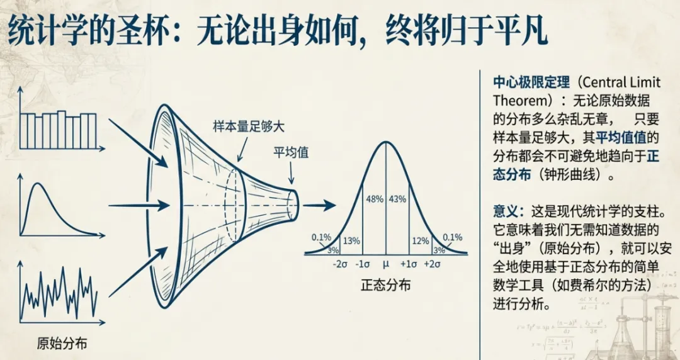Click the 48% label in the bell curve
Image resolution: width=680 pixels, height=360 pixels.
pyautogui.click(x=374, y=199)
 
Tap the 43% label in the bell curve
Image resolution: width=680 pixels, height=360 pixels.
pyautogui.click(x=397, y=199)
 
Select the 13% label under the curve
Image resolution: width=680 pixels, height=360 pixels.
pyautogui.click(x=352, y=240)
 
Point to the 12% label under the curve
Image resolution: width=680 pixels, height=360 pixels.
pyautogui.click(x=420, y=240)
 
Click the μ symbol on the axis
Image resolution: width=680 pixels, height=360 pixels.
pyautogui.click(x=386, y=264)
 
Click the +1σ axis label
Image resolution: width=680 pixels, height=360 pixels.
pyautogui.click(x=409, y=264)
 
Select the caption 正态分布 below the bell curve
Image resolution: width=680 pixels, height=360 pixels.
pyautogui.click(x=385, y=284)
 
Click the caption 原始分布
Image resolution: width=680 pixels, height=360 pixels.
pyautogui.click(x=62, y=343)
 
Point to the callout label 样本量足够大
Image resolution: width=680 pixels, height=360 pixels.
pyautogui.click(x=249, y=126)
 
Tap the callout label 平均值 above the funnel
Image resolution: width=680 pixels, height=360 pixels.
pyautogui.click(x=291, y=152)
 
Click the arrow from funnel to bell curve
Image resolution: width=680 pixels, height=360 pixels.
pyautogui.click(x=322, y=205)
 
